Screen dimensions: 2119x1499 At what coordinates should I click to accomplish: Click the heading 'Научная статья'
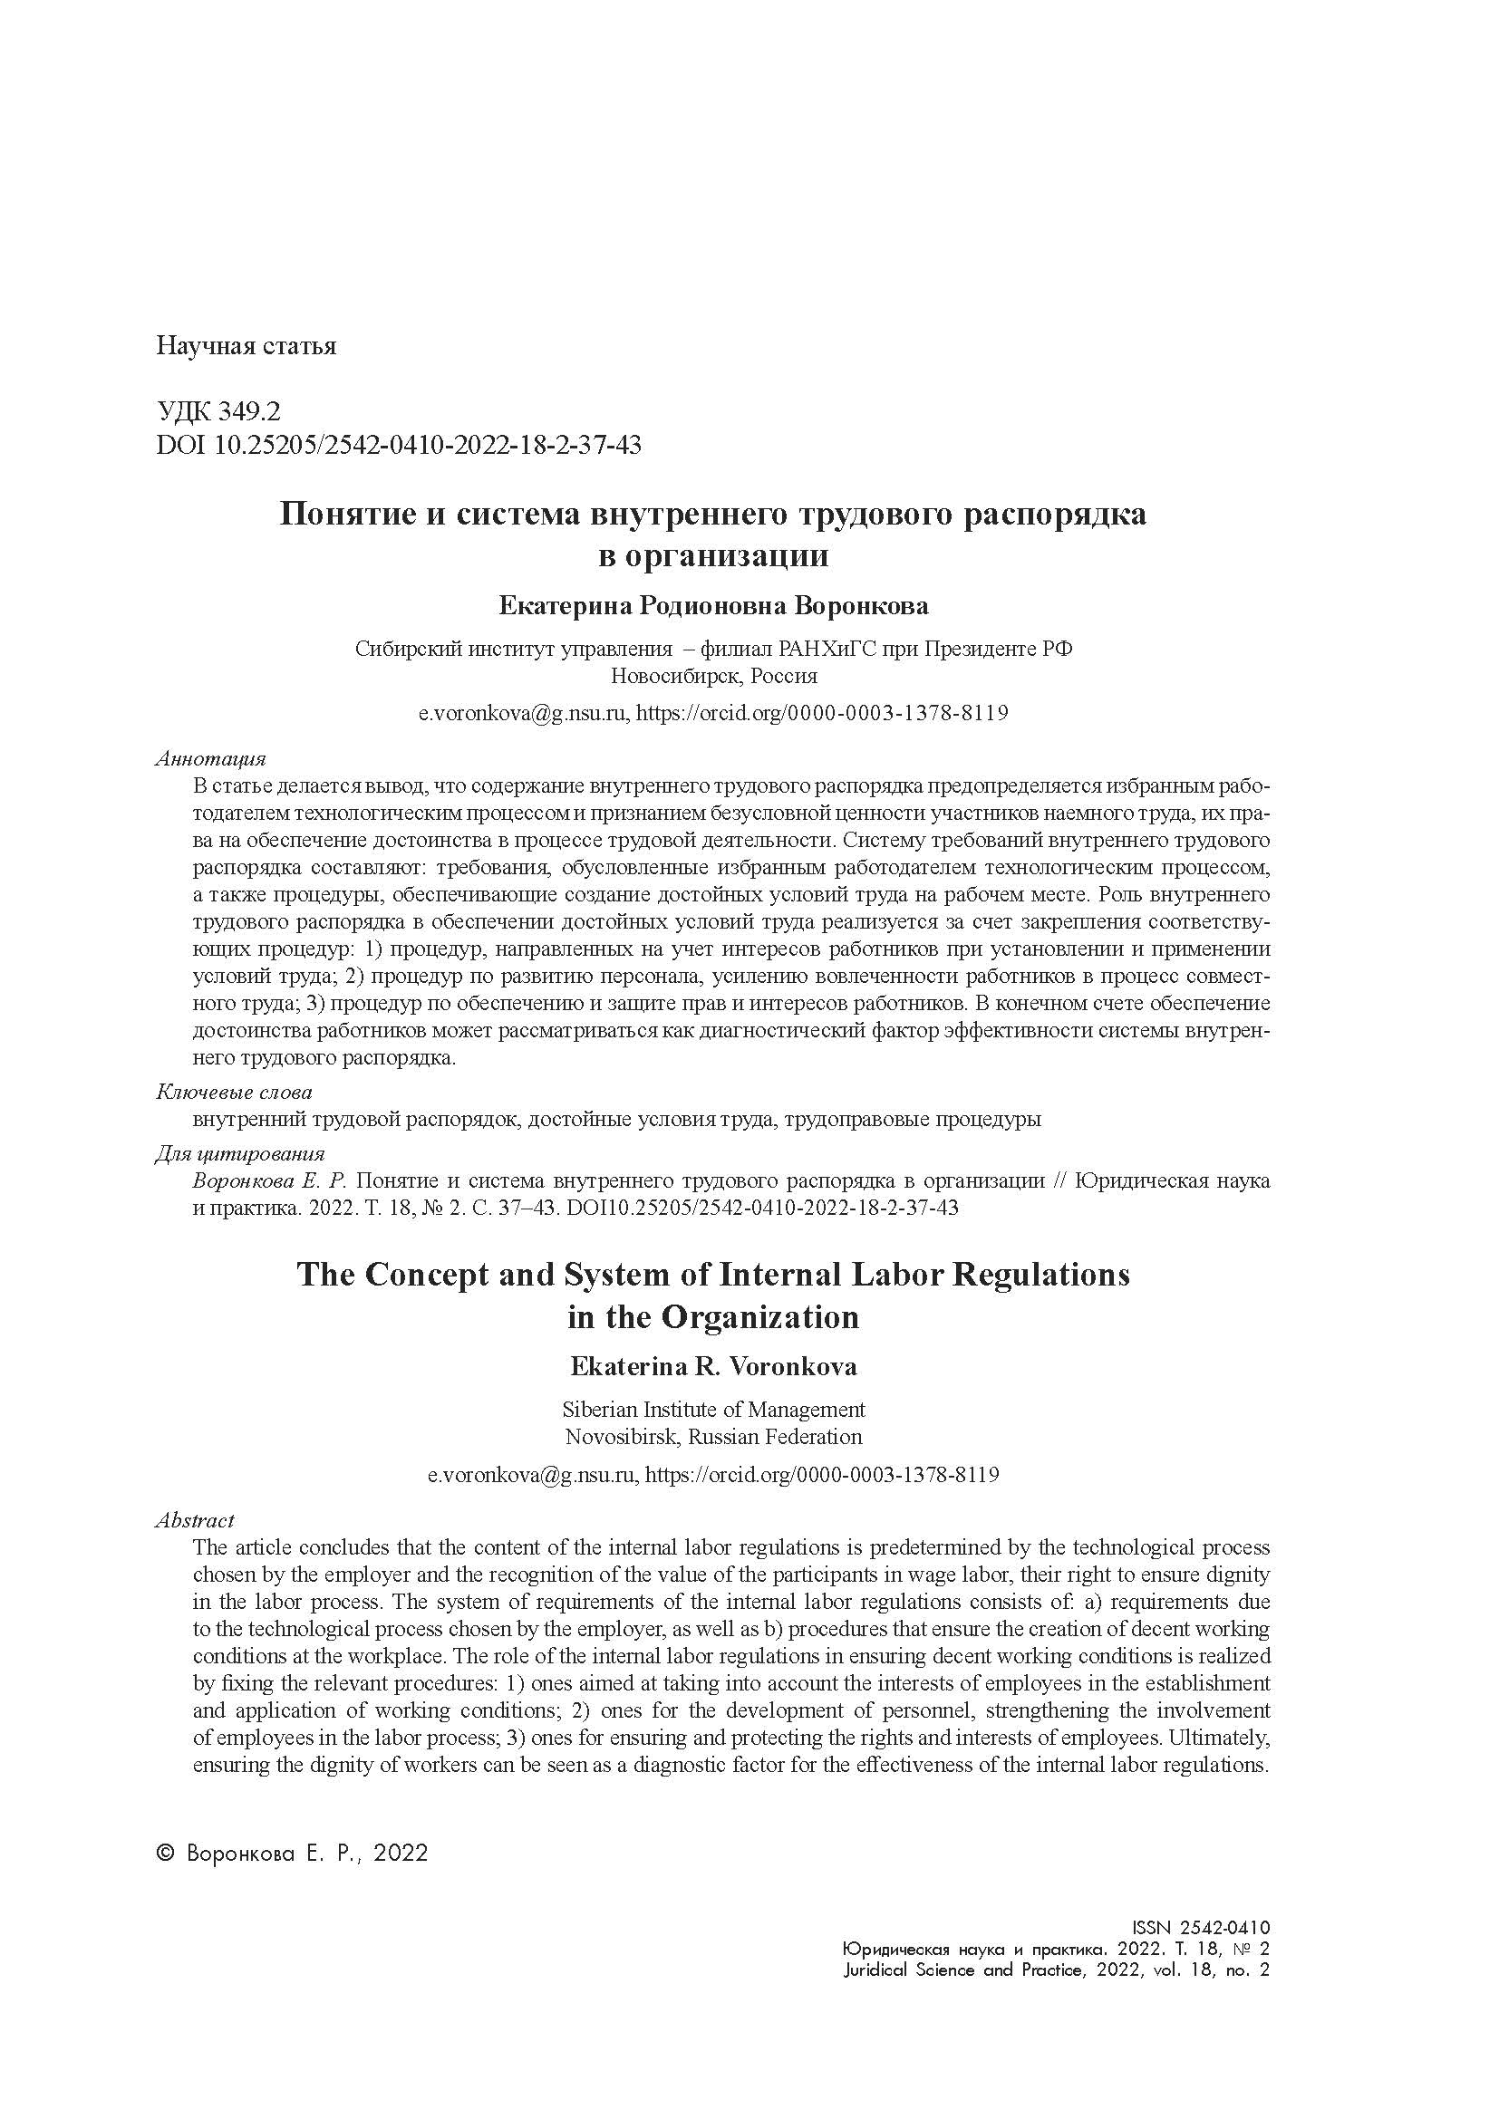(x=247, y=347)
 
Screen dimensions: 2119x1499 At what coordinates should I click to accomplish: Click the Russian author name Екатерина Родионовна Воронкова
(x=713, y=606)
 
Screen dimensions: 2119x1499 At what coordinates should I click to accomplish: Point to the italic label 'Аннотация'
(x=210, y=758)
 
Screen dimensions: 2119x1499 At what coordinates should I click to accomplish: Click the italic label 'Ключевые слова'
(x=234, y=1092)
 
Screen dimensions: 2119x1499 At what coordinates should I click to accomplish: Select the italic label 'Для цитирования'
(x=240, y=1153)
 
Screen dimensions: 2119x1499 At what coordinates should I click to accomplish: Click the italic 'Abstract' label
(x=195, y=1520)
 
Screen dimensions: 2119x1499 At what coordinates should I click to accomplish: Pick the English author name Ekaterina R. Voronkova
(x=713, y=1367)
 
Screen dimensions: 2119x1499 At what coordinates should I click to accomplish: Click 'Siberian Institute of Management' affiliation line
(x=713, y=1410)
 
